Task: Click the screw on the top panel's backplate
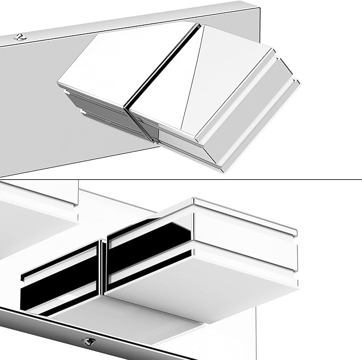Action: [x=21, y=37]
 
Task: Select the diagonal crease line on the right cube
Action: [x=192, y=80]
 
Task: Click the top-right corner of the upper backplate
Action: [x=259, y=7]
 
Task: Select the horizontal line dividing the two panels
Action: [x=181, y=179]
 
